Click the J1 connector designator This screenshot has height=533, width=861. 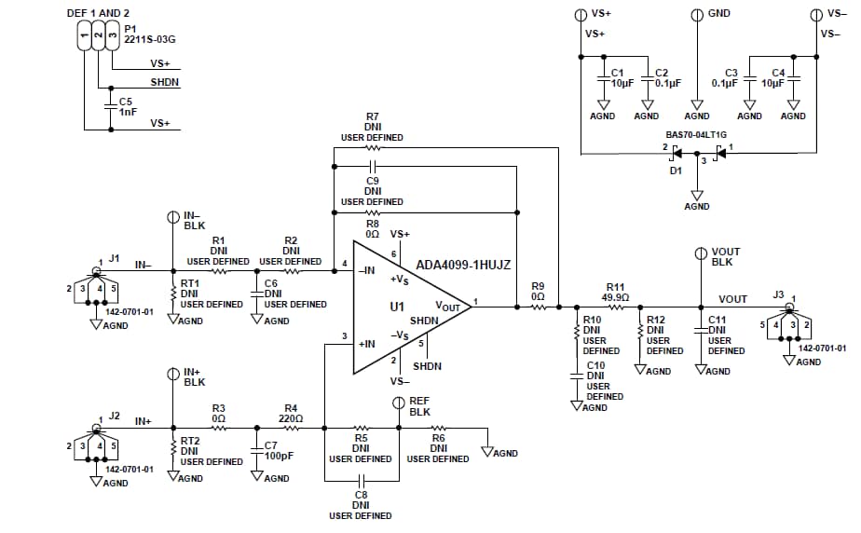click(x=115, y=258)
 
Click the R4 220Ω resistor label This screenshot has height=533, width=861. click(x=291, y=413)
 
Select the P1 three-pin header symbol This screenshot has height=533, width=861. click(x=96, y=36)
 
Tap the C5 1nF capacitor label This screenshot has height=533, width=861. click(x=127, y=106)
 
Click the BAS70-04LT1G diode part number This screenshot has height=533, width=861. click(x=697, y=134)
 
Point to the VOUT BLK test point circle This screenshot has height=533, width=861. click(x=701, y=252)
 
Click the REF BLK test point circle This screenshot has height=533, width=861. click(x=399, y=402)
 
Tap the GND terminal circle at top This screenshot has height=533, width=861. click(x=696, y=14)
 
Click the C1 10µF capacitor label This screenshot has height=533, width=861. click(x=617, y=77)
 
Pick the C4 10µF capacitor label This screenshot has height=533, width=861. click(x=773, y=77)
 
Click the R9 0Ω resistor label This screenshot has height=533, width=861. click(x=538, y=291)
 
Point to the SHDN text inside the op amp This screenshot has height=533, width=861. click(x=424, y=320)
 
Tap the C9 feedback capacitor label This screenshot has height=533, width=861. click(x=372, y=185)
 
